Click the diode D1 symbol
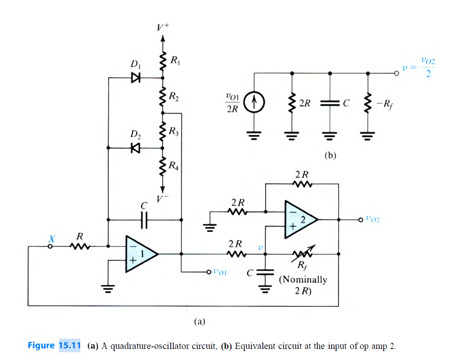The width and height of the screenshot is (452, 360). (136, 77)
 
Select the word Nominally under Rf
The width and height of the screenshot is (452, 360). (303, 280)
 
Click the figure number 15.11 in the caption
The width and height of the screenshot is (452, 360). (70, 345)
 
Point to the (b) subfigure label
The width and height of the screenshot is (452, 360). (330, 155)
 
